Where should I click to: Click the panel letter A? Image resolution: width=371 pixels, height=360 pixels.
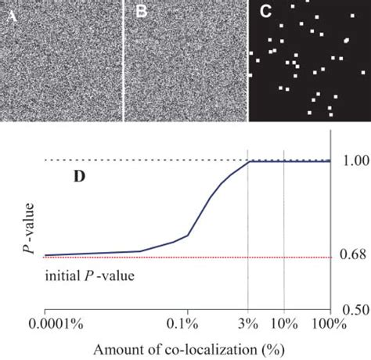pyautogui.click(x=8, y=12)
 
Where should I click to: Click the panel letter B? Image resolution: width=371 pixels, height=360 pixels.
pyautogui.click(x=142, y=12)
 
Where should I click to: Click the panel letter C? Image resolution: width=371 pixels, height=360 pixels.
pyautogui.click(x=265, y=12)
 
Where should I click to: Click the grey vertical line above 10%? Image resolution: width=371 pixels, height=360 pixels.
pyautogui.click(x=283, y=235)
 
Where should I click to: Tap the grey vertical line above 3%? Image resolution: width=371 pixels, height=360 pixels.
pyautogui.click(x=247, y=235)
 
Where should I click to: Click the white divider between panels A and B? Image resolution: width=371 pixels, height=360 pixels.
pyautogui.click(x=124, y=60)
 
